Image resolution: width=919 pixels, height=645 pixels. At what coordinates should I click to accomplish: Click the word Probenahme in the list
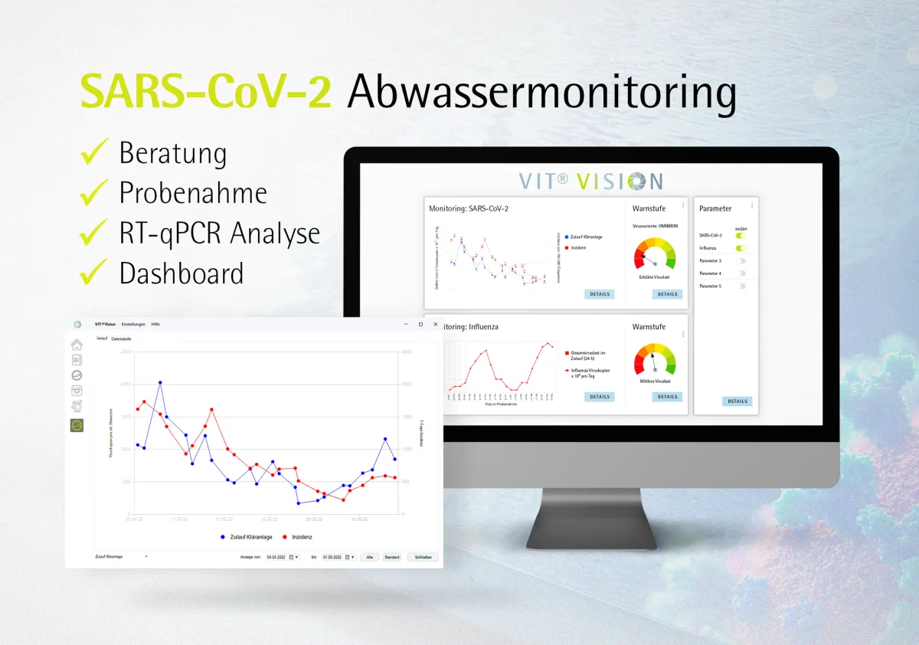coord(193,192)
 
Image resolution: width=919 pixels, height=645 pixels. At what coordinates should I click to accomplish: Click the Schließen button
coord(423,557)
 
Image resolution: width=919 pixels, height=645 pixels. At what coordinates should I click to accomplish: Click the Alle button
coord(370,557)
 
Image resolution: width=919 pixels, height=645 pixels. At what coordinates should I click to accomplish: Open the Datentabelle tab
coord(121,339)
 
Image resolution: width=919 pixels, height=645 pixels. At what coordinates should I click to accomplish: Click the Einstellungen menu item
coord(133,324)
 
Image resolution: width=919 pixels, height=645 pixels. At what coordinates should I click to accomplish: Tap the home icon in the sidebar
coord(77,345)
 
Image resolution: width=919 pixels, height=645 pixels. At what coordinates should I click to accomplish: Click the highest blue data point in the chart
coord(160,382)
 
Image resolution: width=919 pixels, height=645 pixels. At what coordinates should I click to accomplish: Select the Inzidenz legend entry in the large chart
coord(298,537)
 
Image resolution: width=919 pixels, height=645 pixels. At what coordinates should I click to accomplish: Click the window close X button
coord(435,324)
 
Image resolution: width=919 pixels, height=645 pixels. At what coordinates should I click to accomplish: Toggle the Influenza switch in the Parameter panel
coord(741,248)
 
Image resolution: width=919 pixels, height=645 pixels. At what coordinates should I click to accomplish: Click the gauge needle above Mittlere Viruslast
coord(652,361)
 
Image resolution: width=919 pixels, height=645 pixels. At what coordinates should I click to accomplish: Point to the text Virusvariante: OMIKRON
coord(656,227)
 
